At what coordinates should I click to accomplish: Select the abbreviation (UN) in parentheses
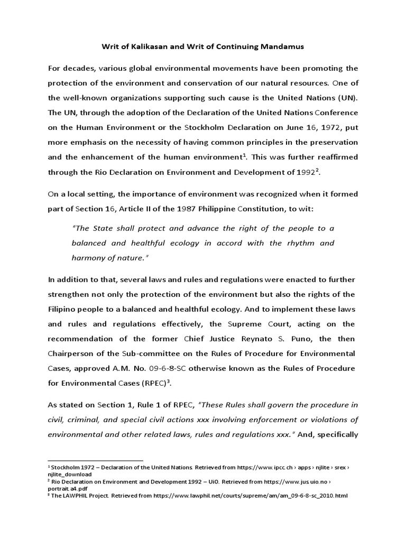tap(346, 98)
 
